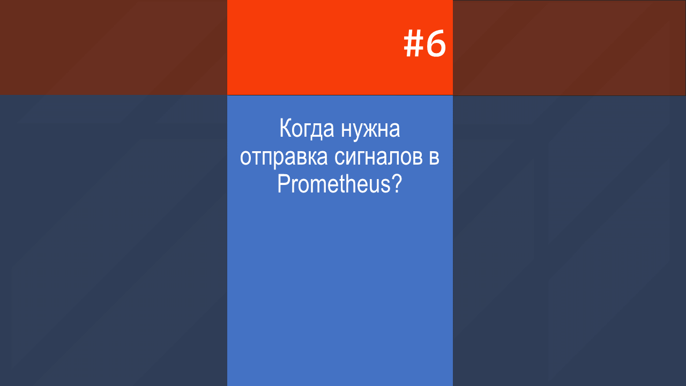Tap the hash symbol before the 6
point(413,43)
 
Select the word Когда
point(307,129)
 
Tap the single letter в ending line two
point(434,158)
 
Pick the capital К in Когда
point(285,128)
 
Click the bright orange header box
point(340,48)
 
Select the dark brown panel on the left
point(113,48)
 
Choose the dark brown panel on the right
point(569,48)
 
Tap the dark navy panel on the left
point(113,241)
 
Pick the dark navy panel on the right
point(569,241)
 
